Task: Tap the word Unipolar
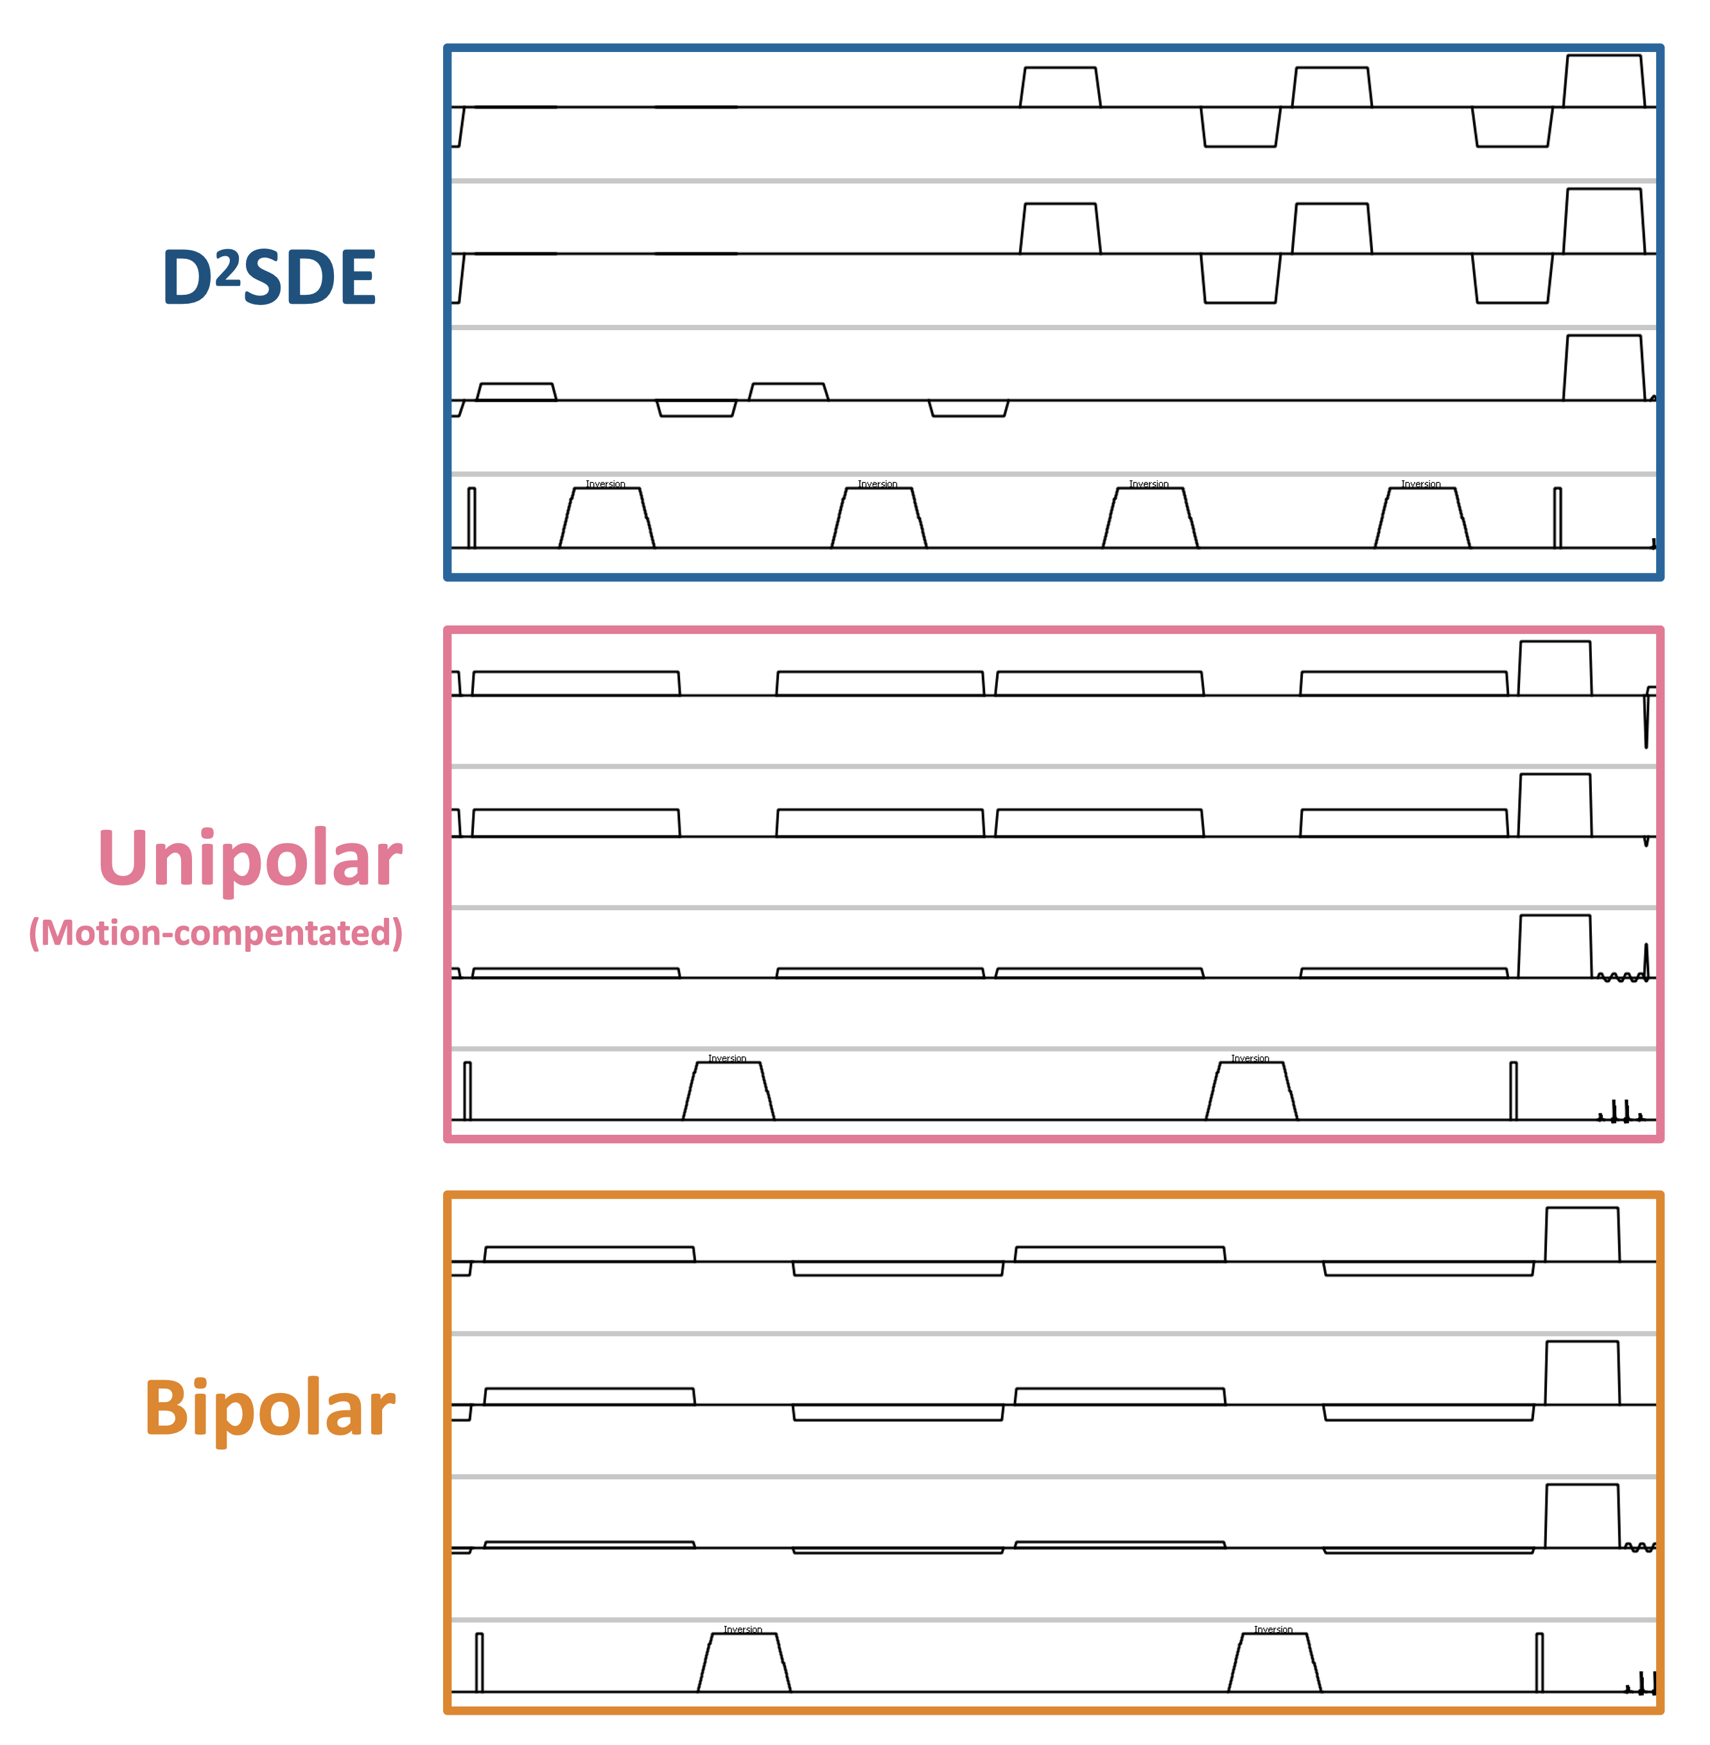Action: (x=250, y=859)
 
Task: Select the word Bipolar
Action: (x=270, y=1408)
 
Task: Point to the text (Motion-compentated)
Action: (x=216, y=933)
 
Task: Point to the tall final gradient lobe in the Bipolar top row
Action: (x=1582, y=1235)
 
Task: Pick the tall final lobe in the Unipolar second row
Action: (x=1555, y=805)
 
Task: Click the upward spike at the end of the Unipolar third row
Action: (x=1646, y=959)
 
